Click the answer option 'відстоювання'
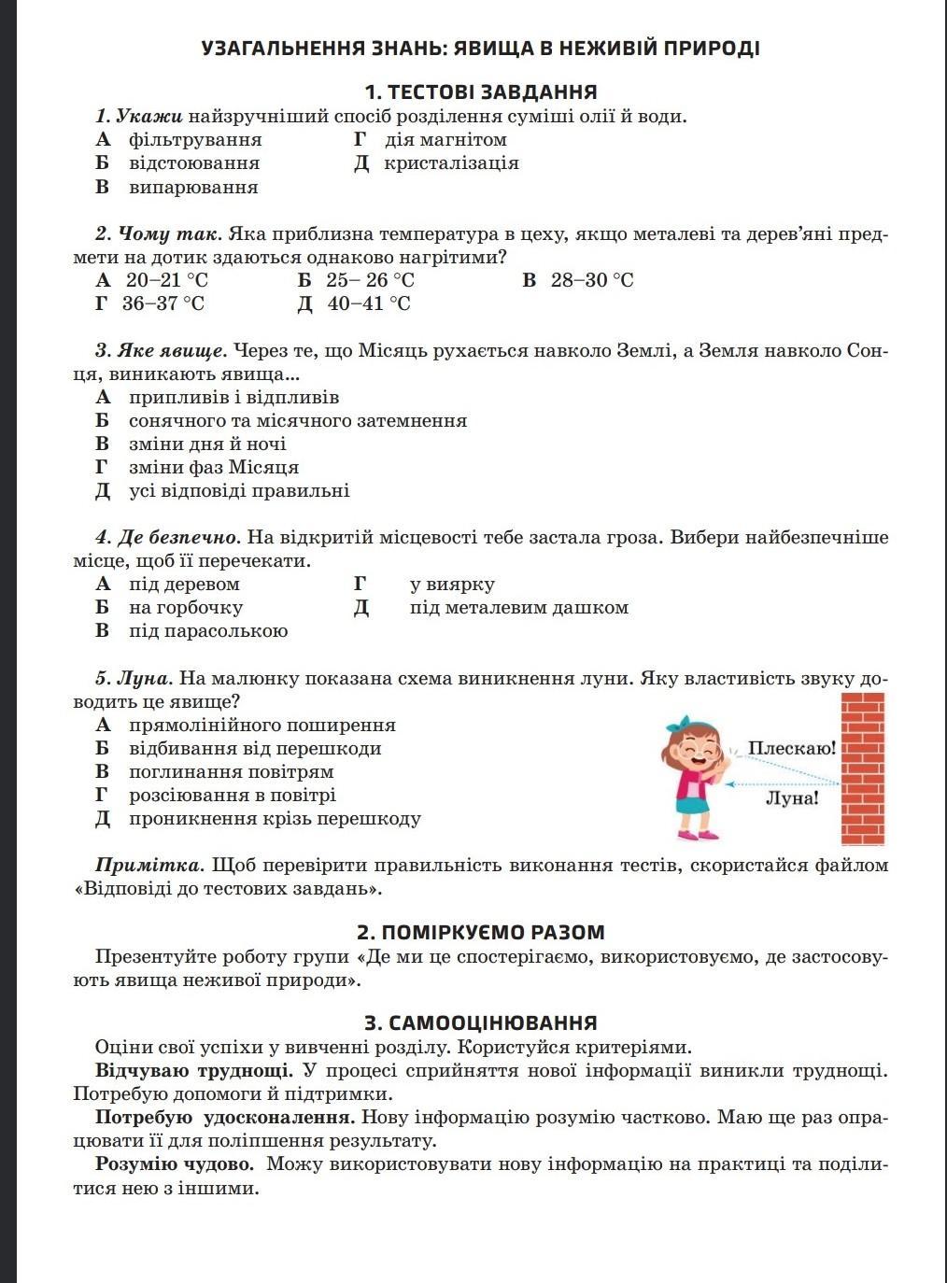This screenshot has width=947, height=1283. tap(193, 163)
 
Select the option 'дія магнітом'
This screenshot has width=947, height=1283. tap(445, 140)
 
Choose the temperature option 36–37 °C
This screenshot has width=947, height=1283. tap(163, 303)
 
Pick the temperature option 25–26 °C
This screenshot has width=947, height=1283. tap(369, 280)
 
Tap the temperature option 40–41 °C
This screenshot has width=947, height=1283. tap(368, 303)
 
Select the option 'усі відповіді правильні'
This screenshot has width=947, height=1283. tap(238, 491)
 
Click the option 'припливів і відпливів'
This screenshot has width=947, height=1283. tap(233, 398)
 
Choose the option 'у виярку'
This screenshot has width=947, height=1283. tap(452, 585)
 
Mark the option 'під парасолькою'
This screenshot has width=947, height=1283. tap(207, 631)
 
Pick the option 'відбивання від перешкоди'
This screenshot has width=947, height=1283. tap(254, 749)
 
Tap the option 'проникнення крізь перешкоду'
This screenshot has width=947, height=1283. tap(275, 819)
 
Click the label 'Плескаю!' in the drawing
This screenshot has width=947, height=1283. tap(792, 749)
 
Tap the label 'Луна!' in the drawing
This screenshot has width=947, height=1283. tap(792, 798)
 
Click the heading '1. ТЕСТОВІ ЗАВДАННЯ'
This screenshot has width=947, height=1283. tap(480, 92)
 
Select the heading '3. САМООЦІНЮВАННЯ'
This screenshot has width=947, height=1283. tap(480, 1022)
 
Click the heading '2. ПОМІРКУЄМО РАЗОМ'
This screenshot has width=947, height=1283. tap(480, 932)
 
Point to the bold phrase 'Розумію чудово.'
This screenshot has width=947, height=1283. tap(174, 1164)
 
